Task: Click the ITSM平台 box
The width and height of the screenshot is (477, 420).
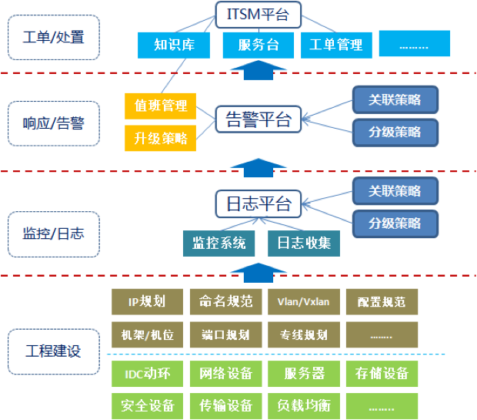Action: [x=257, y=13]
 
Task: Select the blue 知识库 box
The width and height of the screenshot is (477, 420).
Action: [x=173, y=45]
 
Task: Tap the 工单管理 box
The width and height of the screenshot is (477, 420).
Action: [x=335, y=45]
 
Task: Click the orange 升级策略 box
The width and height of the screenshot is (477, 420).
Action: [x=160, y=138]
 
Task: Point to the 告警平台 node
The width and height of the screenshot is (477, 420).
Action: [x=259, y=120]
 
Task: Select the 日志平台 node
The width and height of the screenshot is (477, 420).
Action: [x=259, y=204]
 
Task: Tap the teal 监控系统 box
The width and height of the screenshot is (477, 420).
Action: [x=219, y=243]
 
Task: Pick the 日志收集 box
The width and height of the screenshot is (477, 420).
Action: [x=304, y=243]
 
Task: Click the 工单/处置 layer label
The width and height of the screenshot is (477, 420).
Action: [x=53, y=36]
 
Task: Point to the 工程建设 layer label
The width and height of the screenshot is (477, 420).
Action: [x=53, y=351]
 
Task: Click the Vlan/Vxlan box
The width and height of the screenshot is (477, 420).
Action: [x=303, y=301]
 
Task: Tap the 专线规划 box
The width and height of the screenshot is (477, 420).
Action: [x=303, y=335]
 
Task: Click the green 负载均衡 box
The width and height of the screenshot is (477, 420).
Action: [x=303, y=405]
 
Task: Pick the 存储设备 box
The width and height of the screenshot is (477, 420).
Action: [x=382, y=374]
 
